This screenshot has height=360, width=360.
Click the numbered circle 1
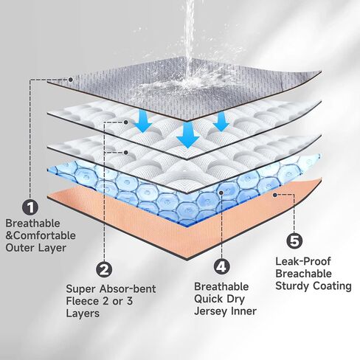30,207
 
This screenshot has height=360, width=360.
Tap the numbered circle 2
104,270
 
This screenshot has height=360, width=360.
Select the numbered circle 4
221,266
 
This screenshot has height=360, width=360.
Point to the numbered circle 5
294,240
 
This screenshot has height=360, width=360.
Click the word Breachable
303,274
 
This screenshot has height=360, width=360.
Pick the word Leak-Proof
303,261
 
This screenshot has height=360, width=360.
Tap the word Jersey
211,311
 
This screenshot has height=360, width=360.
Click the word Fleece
82,301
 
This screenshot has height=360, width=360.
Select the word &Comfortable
41,235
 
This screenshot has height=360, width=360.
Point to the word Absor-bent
128,288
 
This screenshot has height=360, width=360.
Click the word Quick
209,299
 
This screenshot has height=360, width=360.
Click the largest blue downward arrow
188,134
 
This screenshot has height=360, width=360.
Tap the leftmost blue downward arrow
144,120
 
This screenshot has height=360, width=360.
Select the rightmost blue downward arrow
221,121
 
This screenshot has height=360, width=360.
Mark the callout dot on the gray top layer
71,80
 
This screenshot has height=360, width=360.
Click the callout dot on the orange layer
275,195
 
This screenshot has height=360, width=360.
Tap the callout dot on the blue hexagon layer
221,193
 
